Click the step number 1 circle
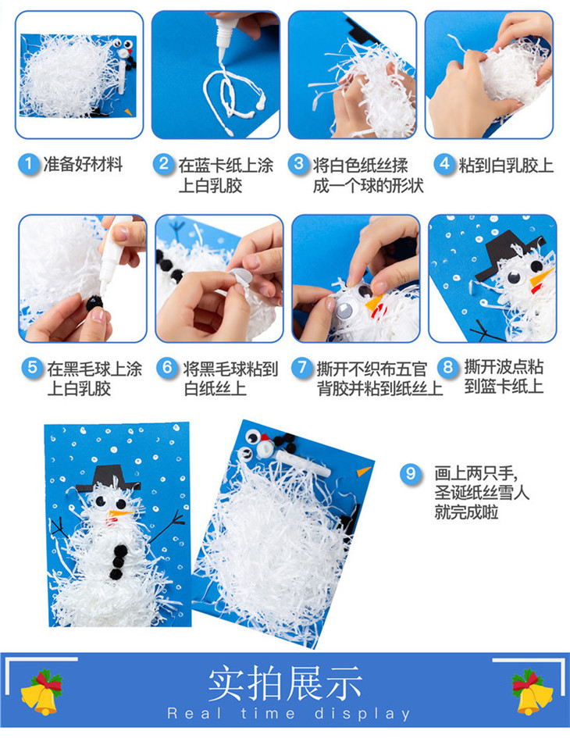pos(29,164)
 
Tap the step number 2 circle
pos(163,164)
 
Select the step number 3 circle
pos(298,164)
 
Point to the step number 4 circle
pos(444,164)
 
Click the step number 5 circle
pos(32,367)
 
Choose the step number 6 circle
pos(168,367)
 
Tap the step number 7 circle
pos(301,367)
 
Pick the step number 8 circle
pos(447,367)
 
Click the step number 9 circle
pos(411,472)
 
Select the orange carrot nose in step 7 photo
pos(375,303)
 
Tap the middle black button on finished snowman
pos(119,562)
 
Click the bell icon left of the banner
pos(42,693)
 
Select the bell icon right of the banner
pos(532,693)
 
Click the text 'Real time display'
pos(289,714)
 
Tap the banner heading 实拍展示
pos(285,683)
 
